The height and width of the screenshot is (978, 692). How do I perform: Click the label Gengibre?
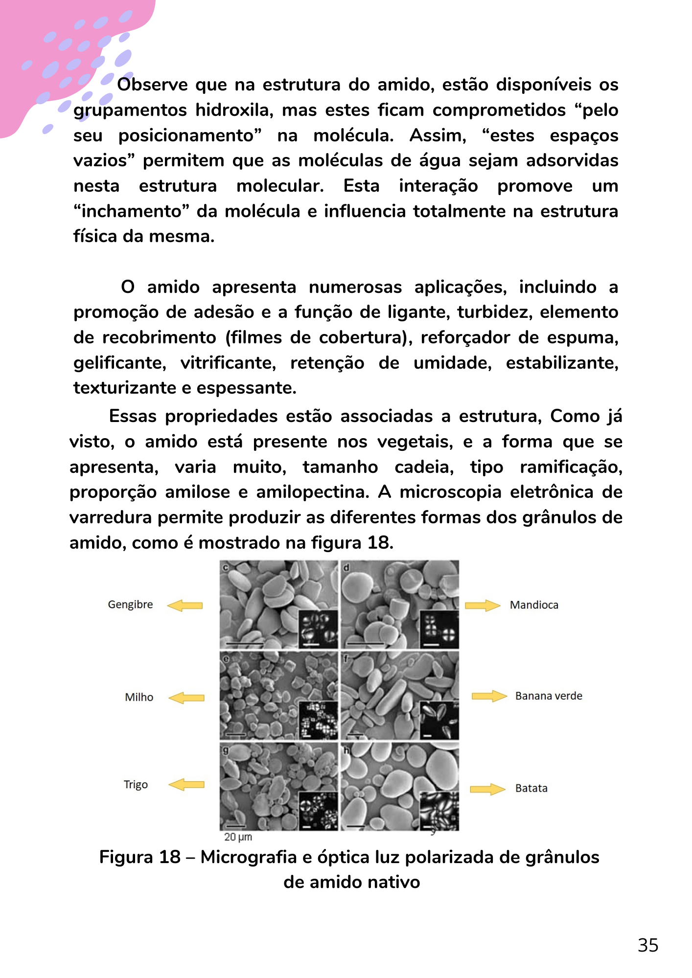pyautogui.click(x=130, y=604)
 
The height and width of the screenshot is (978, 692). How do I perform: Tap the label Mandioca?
pyautogui.click(x=534, y=605)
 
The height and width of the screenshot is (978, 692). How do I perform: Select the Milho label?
pyautogui.click(x=139, y=697)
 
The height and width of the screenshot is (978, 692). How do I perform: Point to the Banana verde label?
pyautogui.click(x=549, y=696)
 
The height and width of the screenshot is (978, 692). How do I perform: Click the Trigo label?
pyautogui.click(x=136, y=784)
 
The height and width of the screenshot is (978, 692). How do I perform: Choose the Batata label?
pyautogui.click(x=531, y=788)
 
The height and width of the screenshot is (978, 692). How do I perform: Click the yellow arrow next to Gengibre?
pyautogui.click(x=185, y=605)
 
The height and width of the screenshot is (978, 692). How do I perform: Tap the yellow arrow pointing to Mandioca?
pyautogui.click(x=482, y=605)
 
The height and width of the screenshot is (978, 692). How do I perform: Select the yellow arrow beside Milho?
pyautogui.click(x=186, y=698)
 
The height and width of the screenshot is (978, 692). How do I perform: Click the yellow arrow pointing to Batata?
pyautogui.click(x=487, y=789)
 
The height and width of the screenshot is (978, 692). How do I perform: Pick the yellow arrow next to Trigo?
pyautogui.click(x=186, y=785)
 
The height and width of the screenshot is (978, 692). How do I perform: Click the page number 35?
pyautogui.click(x=648, y=945)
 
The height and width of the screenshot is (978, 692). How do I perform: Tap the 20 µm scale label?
pyautogui.click(x=238, y=837)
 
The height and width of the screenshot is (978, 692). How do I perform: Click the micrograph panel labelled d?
pyautogui.click(x=400, y=604)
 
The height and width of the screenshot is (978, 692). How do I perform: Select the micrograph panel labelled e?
pyautogui.click(x=278, y=695)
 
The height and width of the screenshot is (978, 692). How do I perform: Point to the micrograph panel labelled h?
pyautogui.click(x=400, y=786)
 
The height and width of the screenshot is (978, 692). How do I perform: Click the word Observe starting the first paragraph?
pyautogui.click(x=152, y=85)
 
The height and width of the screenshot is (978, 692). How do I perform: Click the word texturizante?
pyautogui.click(x=124, y=388)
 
